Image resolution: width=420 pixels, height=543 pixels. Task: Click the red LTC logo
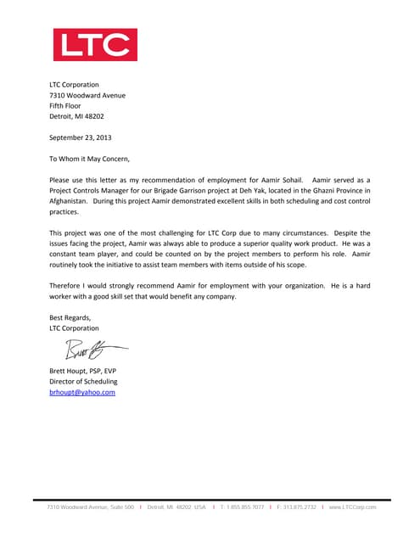pyautogui.click(x=95, y=45)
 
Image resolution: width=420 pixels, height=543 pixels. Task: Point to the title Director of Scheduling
pyautogui.click(x=83, y=382)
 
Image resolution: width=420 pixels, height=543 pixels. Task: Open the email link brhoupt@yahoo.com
pyautogui.click(x=82, y=393)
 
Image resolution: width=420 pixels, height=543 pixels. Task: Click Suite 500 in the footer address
pyautogui.click(x=119, y=507)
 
